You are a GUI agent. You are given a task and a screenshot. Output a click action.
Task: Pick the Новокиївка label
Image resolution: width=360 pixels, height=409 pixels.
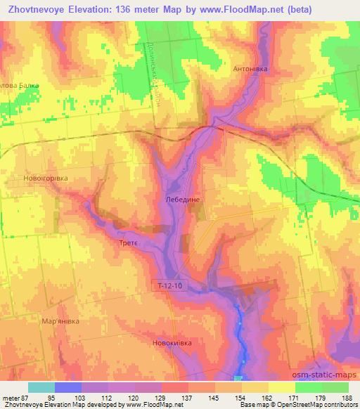pos(172,343)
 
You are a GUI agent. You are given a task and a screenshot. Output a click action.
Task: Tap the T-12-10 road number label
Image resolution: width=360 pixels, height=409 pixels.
pos(170,285)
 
